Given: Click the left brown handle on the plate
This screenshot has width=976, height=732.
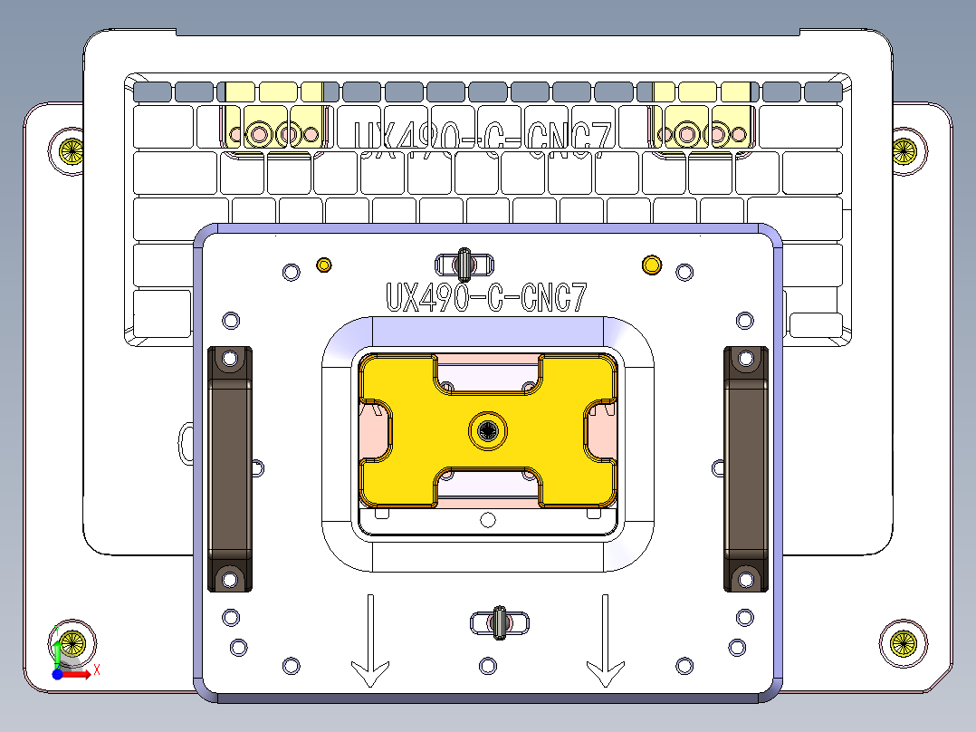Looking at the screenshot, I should pos(230,469).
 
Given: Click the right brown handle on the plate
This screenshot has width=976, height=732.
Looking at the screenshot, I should pos(745,469).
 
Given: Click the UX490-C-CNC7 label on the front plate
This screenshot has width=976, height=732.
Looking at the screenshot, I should pos(487,298).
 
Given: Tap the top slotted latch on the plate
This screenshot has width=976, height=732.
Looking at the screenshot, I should pos(464,265).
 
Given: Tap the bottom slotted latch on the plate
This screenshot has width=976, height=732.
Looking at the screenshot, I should pos(499,622).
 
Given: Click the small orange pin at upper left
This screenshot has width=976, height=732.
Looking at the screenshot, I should pos(323,265).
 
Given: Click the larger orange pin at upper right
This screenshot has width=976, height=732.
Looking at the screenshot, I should pos(651,265).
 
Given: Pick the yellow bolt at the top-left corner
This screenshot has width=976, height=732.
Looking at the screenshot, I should pos(71,150).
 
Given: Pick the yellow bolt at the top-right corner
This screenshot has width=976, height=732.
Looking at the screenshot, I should pos(904,150).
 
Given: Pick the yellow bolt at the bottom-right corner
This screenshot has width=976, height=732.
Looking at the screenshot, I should pos(903,643).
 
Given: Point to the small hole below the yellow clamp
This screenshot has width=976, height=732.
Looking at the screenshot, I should pos(488,519).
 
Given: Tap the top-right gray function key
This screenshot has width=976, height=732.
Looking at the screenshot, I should pos(823,91).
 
